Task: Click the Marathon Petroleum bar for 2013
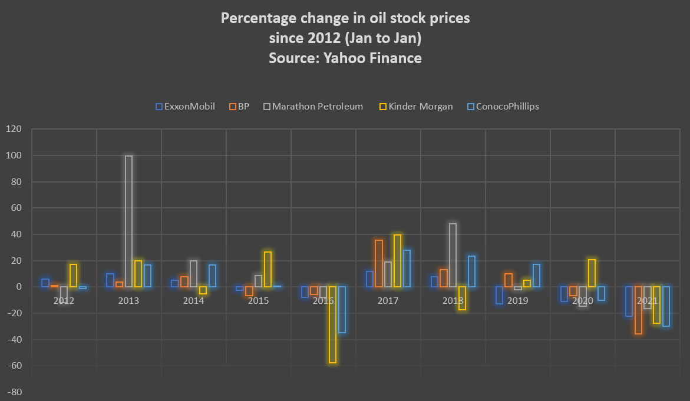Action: [x=128, y=221]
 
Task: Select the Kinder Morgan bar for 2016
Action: [x=333, y=324]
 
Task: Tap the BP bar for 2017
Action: [x=379, y=263]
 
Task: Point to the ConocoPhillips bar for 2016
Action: [x=342, y=310]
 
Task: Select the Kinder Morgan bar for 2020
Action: [x=592, y=273]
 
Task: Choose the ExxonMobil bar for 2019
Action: [x=499, y=295]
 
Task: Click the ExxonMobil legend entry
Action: [x=185, y=107]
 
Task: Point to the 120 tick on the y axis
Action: [x=14, y=130]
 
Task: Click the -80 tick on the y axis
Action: [x=14, y=392]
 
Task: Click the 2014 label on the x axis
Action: [x=193, y=301]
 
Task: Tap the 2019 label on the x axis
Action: [x=517, y=301]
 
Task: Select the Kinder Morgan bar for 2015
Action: [x=268, y=269]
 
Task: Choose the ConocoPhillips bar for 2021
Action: [x=666, y=306]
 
